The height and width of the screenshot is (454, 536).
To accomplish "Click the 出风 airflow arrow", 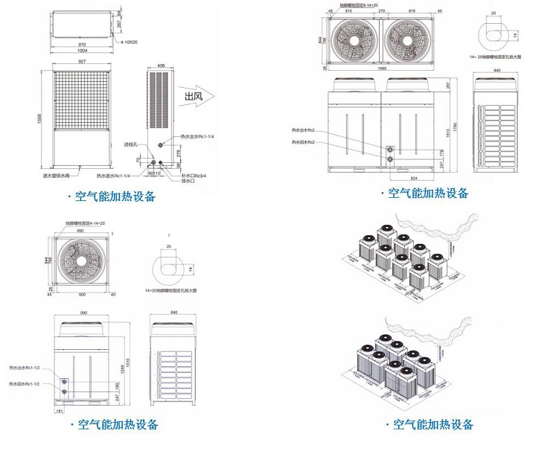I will (197, 96).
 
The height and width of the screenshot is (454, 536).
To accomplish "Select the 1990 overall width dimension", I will (381, 70).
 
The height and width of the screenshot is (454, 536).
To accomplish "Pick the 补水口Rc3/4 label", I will (194, 176).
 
